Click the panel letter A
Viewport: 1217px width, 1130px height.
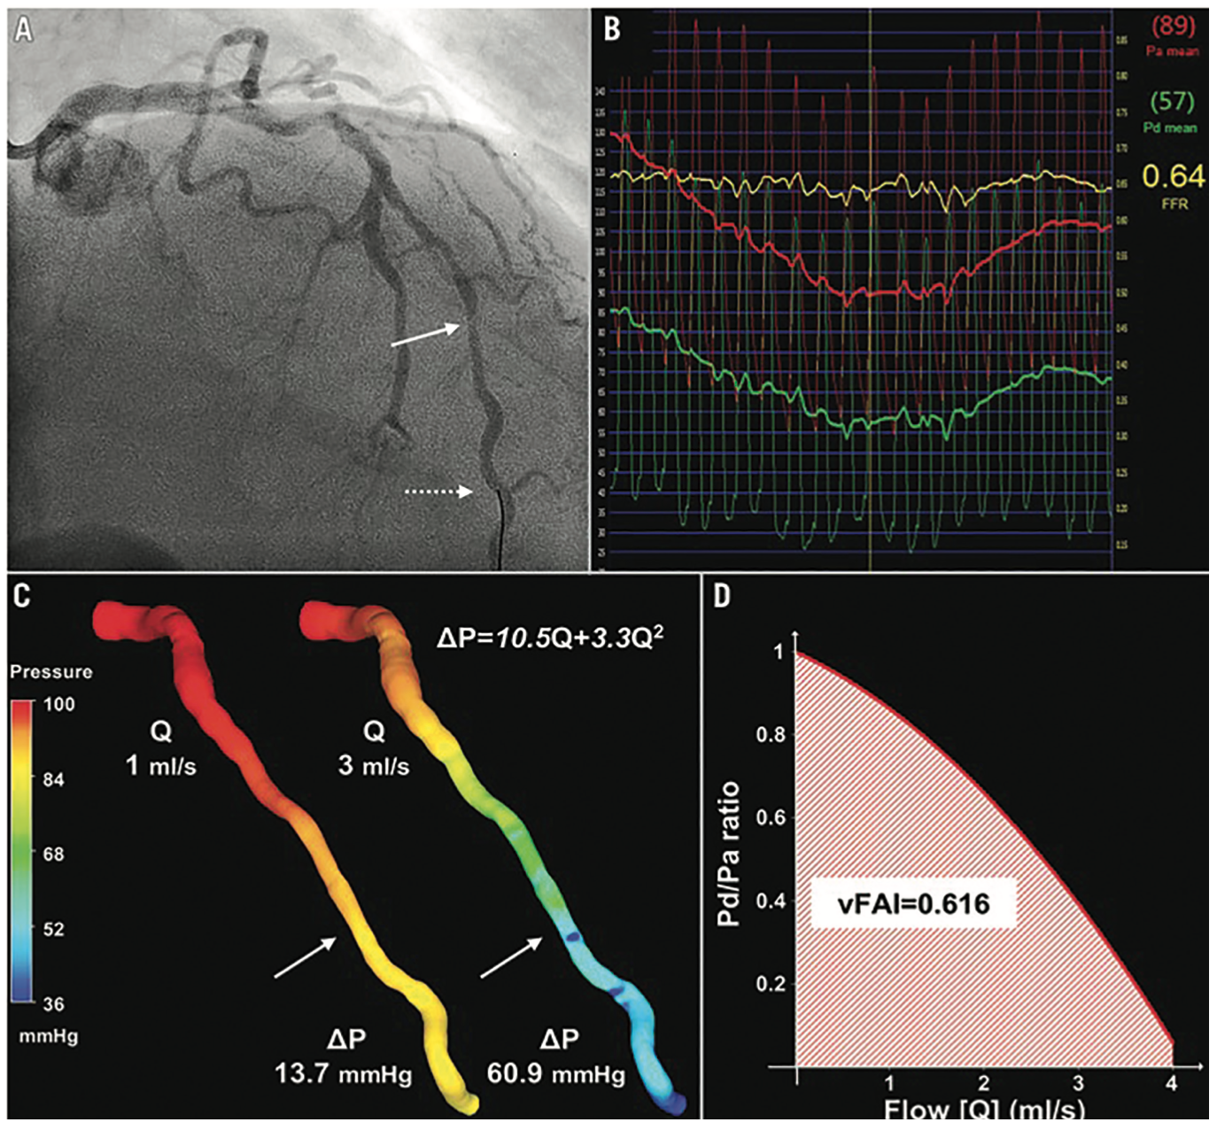click(24, 29)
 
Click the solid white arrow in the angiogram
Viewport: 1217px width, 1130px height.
click(426, 336)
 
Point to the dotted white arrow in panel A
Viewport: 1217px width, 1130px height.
click(438, 491)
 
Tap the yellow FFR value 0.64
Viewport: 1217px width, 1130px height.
click(1173, 177)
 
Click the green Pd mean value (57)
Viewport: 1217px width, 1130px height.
click(1173, 102)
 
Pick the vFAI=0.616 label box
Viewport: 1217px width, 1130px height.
click(913, 904)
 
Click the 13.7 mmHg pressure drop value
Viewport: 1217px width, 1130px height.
click(344, 1074)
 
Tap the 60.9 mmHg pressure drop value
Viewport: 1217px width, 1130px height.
click(556, 1074)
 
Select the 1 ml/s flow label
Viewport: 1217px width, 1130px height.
click(160, 765)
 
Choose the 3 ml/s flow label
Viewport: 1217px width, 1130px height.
click(374, 765)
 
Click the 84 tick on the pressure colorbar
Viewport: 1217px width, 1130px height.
click(54, 779)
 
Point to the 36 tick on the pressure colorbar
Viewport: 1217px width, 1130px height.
click(54, 1003)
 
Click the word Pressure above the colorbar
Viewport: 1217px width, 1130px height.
click(51, 671)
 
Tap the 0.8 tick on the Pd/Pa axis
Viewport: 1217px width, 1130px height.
click(770, 734)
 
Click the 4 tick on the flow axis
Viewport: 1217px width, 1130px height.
click(1172, 1083)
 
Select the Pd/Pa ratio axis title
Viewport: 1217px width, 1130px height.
click(728, 854)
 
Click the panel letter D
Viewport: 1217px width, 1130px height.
click(722, 596)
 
